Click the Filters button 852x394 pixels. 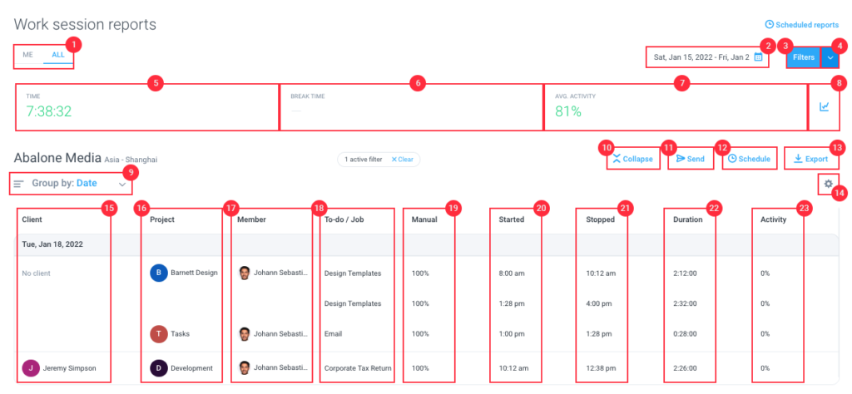click(x=803, y=57)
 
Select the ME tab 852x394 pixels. click(x=27, y=55)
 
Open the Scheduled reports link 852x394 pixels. click(x=801, y=25)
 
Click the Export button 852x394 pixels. click(x=811, y=159)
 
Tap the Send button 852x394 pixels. click(x=690, y=159)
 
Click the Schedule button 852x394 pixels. click(x=749, y=159)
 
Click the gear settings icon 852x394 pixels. click(x=828, y=183)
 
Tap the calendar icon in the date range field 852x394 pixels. click(x=758, y=57)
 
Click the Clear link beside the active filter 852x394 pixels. click(x=403, y=159)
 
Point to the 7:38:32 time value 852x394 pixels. click(x=48, y=111)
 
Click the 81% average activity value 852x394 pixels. click(x=568, y=111)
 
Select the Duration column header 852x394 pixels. click(x=686, y=219)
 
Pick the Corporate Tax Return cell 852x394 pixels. click(x=358, y=367)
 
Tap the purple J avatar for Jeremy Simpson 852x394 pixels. click(x=31, y=367)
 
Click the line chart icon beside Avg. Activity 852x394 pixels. click(x=825, y=106)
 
